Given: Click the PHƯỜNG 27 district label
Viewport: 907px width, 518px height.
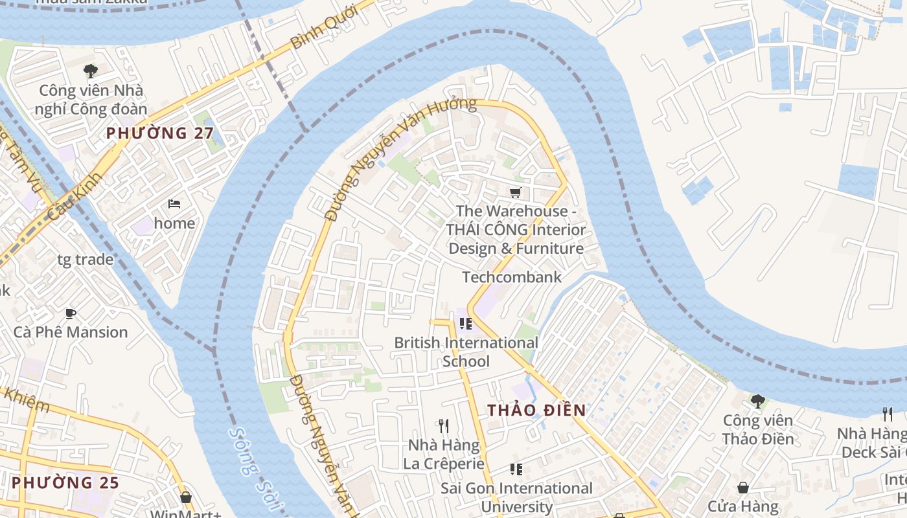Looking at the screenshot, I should (155, 133).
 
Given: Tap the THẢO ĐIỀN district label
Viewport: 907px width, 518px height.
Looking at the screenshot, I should (536, 410).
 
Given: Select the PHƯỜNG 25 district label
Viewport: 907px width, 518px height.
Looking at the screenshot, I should (65, 482).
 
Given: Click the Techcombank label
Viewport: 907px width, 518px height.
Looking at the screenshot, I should (511, 277).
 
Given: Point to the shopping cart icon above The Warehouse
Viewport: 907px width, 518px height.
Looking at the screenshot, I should (515, 192).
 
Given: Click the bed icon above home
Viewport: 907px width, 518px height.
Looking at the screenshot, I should (174, 204).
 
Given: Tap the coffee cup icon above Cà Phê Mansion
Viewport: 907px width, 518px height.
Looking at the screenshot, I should (71, 314).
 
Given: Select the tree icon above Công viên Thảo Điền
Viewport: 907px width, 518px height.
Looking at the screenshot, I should (757, 401).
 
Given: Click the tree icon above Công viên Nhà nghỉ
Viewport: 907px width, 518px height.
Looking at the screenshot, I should (91, 71).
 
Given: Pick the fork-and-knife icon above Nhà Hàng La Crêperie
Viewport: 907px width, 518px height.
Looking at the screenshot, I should (444, 425).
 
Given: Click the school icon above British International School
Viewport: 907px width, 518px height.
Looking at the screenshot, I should (465, 323).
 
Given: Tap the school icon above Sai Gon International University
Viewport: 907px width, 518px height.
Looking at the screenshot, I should (516, 469).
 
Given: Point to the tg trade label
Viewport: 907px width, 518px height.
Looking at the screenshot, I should (86, 260).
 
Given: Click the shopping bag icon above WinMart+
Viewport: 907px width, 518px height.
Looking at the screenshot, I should (186, 497).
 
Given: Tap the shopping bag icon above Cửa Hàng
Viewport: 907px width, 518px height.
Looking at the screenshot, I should (743, 487).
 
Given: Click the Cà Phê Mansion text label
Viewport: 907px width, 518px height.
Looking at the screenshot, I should (71, 332).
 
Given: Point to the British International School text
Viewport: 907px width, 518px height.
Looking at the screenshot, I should (466, 352).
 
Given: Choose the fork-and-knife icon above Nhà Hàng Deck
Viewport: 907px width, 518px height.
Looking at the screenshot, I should (888, 414).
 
